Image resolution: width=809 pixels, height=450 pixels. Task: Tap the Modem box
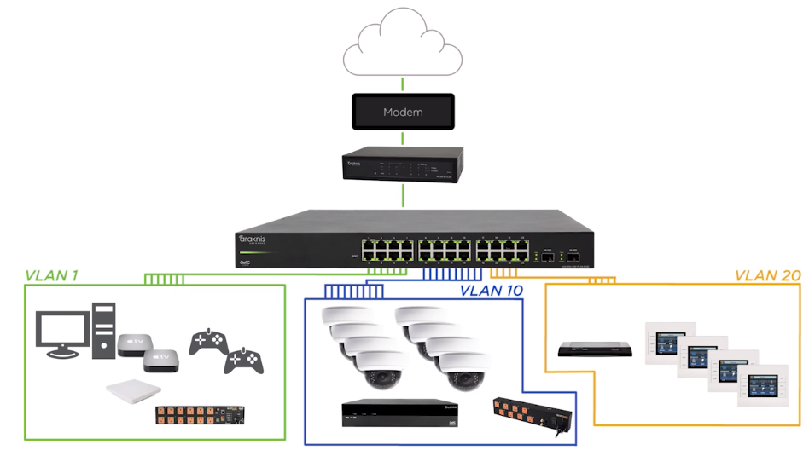tap(403, 112)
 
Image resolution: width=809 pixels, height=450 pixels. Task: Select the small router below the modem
tap(403, 164)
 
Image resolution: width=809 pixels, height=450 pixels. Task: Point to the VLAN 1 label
tap(52, 275)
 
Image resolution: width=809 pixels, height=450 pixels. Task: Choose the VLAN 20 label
tap(767, 275)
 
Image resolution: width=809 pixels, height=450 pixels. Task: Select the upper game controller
tap(207, 339)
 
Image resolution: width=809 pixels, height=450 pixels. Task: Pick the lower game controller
tap(243, 361)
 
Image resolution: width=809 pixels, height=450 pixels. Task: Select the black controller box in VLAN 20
tap(595, 348)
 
